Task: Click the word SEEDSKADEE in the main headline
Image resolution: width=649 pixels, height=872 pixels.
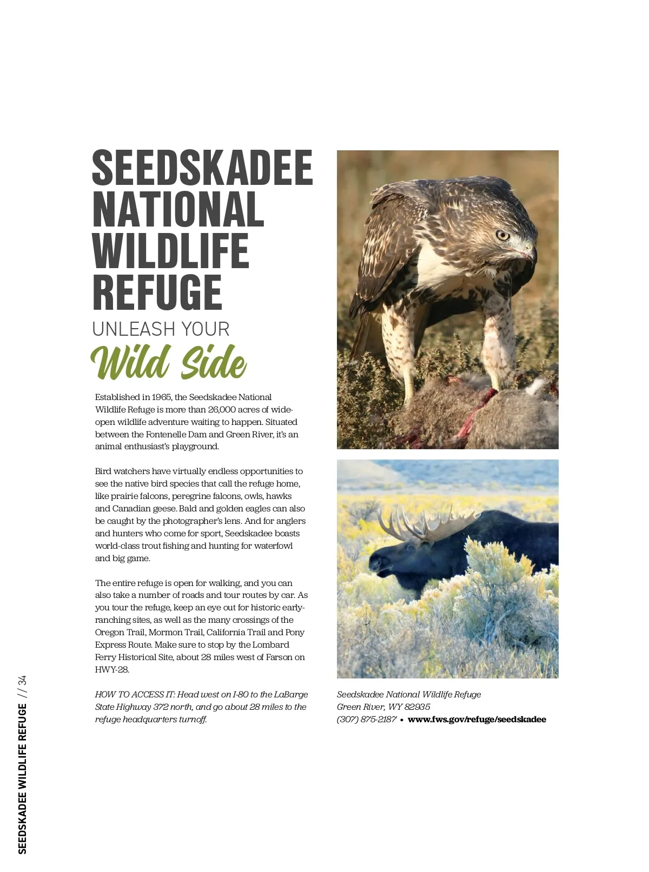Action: pos(202,167)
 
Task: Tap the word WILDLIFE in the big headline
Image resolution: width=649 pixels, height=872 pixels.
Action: pos(171,251)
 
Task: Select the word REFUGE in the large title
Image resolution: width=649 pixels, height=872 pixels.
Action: pos(157,292)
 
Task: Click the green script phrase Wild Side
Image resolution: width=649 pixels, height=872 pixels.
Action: pos(169,362)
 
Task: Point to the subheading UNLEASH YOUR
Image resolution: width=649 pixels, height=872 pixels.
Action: pos(161,329)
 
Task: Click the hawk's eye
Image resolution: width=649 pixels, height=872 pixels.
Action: pos(502,235)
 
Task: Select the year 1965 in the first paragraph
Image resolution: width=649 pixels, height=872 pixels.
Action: pos(162,397)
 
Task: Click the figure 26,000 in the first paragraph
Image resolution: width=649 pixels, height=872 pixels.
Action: pos(222,410)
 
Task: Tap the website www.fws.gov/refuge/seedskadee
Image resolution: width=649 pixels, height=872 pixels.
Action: pos(476,720)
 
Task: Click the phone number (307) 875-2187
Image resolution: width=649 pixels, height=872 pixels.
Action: pos(366,720)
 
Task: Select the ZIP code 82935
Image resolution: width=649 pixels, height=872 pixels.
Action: pos(416,707)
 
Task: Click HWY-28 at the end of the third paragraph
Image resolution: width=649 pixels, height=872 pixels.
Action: pos(112,670)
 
